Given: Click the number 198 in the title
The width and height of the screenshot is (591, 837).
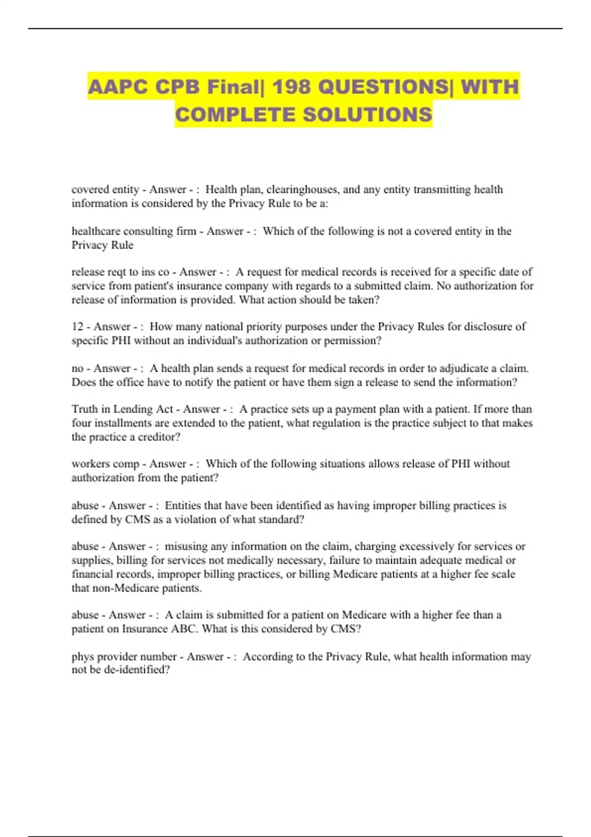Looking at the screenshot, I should click(292, 87).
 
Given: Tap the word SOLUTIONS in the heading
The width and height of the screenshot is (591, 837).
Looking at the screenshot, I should click(367, 115).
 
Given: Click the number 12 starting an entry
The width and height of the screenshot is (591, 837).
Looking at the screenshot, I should click(78, 326).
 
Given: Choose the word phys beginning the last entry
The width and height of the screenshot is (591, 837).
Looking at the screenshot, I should click(82, 657).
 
